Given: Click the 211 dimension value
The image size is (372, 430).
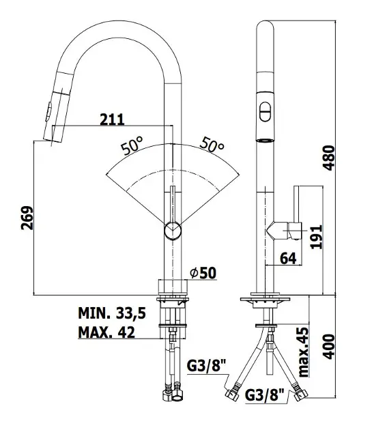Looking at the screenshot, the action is click(112, 119).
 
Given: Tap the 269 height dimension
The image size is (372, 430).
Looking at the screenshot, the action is click(27, 218).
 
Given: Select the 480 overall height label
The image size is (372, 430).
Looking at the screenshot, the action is click(328, 158).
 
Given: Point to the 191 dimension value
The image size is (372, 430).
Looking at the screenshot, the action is click(316, 237).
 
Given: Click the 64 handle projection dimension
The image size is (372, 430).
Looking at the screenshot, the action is click(288, 258).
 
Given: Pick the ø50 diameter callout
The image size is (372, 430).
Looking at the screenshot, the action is click(203, 272).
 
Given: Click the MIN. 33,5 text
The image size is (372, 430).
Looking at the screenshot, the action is click(112, 313).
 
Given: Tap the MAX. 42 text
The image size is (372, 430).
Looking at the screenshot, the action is click(106, 332).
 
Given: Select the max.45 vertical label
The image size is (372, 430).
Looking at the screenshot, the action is click(304, 352).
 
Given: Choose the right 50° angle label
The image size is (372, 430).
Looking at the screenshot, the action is click(212, 144).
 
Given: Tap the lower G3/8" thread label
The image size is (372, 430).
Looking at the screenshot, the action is click(265, 395).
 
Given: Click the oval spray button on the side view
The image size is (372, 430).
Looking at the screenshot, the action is click(266, 112).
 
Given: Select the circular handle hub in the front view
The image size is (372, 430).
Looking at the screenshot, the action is click(173, 231).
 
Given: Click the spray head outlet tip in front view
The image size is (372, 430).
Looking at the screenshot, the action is click(52, 141).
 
